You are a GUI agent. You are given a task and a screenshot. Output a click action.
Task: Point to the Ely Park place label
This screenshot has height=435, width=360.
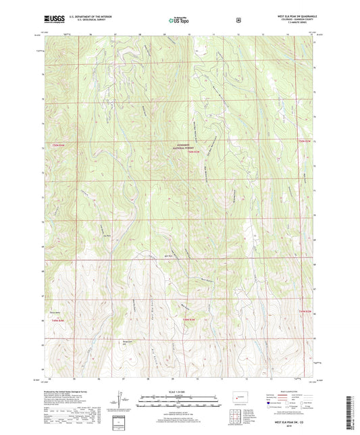[106, 236]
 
